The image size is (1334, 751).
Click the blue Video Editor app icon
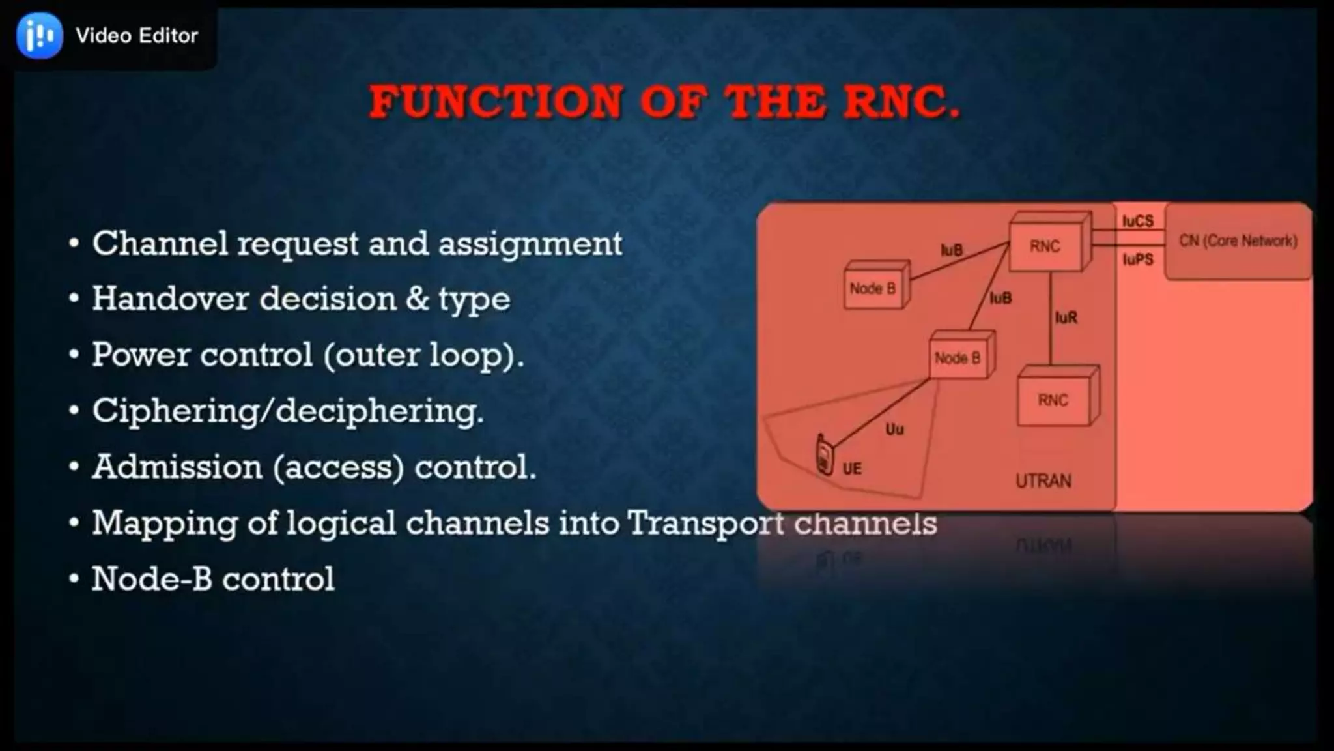coord(40,35)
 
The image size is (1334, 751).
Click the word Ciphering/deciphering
coord(287,411)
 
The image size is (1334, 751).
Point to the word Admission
coord(177,467)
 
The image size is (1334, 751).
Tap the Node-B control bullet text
coord(212,579)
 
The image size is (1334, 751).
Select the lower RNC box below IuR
coord(1053,400)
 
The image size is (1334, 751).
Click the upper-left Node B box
coord(872,288)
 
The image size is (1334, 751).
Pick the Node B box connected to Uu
coord(958,358)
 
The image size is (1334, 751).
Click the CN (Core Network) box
coord(1238,241)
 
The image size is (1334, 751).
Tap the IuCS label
coord(1137,221)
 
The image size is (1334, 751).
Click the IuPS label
coord(1137,259)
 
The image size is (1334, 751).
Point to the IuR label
coord(1066,317)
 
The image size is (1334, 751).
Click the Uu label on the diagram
coord(894,429)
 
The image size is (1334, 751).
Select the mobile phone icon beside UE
coord(825,455)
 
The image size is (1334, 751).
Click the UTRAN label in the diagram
coord(1043,481)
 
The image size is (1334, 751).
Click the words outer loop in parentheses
coord(420,355)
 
